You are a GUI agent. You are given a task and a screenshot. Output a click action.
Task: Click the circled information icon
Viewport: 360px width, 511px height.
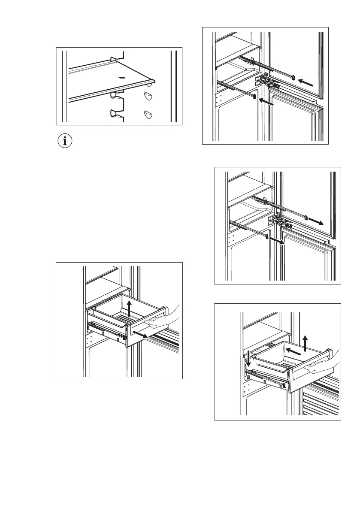click(x=65, y=142)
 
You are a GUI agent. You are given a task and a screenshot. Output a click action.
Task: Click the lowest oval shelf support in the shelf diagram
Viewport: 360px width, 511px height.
click(x=148, y=114)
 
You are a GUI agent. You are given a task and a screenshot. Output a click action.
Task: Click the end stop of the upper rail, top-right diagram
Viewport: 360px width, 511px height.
click(x=293, y=78)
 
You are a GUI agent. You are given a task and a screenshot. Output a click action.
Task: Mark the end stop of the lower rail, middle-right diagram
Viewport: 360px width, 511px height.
click(x=267, y=236)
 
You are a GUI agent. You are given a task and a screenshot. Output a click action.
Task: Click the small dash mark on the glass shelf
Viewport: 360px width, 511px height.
click(x=123, y=78)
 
